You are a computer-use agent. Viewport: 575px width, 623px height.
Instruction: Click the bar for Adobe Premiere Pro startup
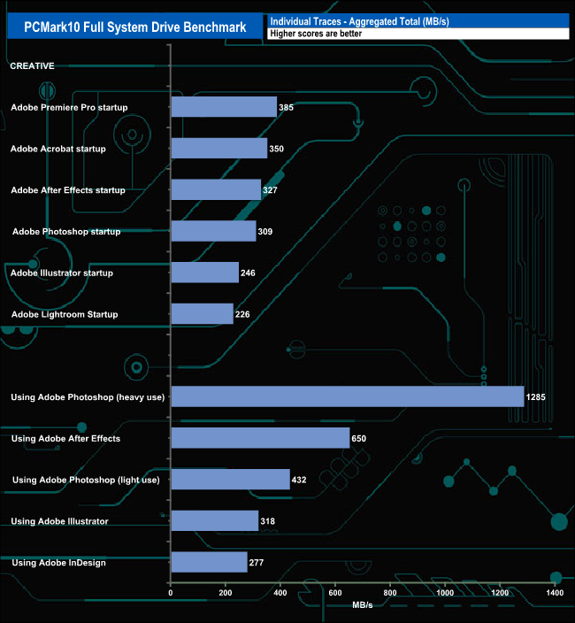tap(224, 107)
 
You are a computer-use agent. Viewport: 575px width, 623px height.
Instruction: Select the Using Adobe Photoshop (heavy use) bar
tap(347, 396)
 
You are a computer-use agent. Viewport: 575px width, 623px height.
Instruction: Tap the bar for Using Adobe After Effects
tap(260, 438)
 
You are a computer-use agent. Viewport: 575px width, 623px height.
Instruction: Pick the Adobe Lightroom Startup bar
tap(202, 314)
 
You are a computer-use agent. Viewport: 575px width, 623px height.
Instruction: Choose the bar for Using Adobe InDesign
tap(209, 562)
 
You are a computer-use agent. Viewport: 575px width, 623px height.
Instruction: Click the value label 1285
tap(535, 397)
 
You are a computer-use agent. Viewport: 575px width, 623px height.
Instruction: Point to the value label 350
tap(276, 149)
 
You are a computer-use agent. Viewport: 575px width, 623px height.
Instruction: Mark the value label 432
tap(300, 480)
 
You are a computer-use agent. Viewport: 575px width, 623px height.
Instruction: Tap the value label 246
tap(248, 273)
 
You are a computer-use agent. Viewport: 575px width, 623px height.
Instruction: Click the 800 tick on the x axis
tap(389, 593)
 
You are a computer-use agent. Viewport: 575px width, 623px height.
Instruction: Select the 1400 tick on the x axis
tap(555, 593)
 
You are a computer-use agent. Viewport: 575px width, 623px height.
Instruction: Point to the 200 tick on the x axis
tap(225, 593)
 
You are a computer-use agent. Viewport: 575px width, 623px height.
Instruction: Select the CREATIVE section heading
tap(32, 65)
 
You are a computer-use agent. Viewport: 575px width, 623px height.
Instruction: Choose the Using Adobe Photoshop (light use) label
tap(86, 480)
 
